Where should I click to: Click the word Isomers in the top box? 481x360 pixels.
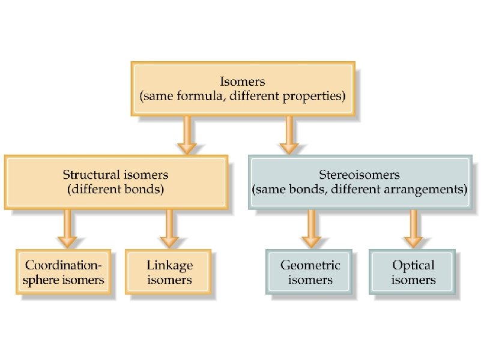243,80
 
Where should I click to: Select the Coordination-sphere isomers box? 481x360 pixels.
64,272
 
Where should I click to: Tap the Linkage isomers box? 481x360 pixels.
169,272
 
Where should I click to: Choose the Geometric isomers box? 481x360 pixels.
310,272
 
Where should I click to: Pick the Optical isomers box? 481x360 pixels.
413,272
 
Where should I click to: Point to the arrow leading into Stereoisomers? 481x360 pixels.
289,135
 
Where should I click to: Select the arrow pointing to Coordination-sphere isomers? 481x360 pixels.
67,229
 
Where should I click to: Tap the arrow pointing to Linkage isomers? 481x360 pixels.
170,229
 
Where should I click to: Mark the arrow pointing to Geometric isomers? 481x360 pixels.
311,229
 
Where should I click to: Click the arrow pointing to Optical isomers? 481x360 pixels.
413,229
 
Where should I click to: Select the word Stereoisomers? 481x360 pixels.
360,175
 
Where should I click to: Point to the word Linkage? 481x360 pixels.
169,265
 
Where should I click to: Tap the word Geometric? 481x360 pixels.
310,265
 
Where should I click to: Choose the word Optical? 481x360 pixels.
413,265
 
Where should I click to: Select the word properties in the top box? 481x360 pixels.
316,96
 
